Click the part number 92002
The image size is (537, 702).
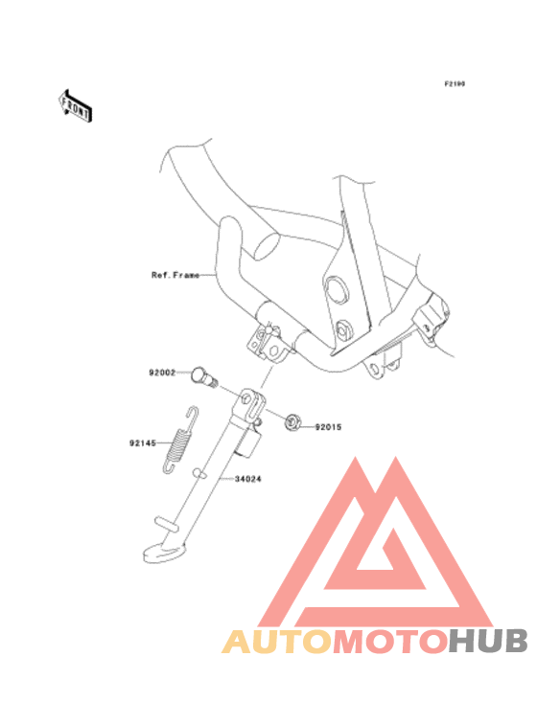click(162, 373)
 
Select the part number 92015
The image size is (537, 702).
click(328, 427)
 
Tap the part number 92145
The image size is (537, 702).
click(143, 443)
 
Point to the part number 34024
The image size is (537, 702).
click(247, 479)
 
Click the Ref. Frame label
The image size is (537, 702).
click(175, 275)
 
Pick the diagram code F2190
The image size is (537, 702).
click(455, 83)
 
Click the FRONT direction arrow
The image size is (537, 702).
click(76, 105)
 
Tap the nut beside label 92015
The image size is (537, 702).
click(292, 421)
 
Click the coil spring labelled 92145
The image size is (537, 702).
click(179, 441)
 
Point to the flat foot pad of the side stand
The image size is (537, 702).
click(164, 552)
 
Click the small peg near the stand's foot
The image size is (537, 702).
click(166, 524)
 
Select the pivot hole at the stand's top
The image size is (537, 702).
click(246, 398)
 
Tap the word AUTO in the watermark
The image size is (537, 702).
click(276, 641)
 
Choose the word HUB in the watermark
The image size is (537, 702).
click(488, 641)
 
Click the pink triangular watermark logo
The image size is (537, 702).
click(376, 542)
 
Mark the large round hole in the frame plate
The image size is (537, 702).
click(337, 288)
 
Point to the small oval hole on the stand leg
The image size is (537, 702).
click(199, 473)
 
